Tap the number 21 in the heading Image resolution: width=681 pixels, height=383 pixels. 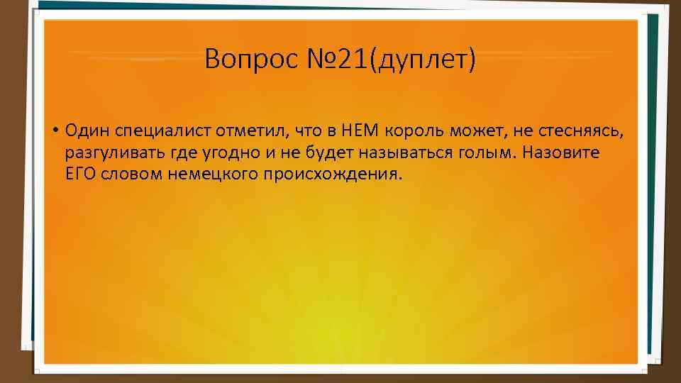click(346, 60)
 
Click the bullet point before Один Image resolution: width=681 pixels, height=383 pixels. click(54, 131)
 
